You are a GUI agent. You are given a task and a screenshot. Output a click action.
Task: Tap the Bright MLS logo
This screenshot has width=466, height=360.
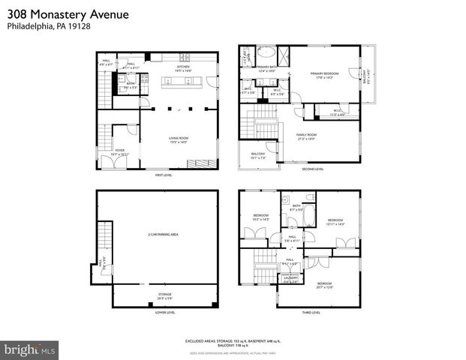coord(30,349)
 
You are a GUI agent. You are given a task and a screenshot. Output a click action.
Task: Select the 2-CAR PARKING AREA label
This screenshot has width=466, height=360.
coord(163,235)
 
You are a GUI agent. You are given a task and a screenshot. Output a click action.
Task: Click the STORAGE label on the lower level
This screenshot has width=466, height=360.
coord(164,295)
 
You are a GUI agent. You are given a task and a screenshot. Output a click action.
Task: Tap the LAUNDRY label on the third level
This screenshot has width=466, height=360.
coord(290,279)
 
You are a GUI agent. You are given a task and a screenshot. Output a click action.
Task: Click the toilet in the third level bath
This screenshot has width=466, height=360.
coord(287,202)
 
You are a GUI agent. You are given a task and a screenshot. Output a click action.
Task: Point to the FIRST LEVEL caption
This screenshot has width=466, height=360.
coord(164,175)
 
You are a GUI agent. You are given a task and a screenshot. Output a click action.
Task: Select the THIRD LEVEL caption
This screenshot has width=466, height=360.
coord(310,313)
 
